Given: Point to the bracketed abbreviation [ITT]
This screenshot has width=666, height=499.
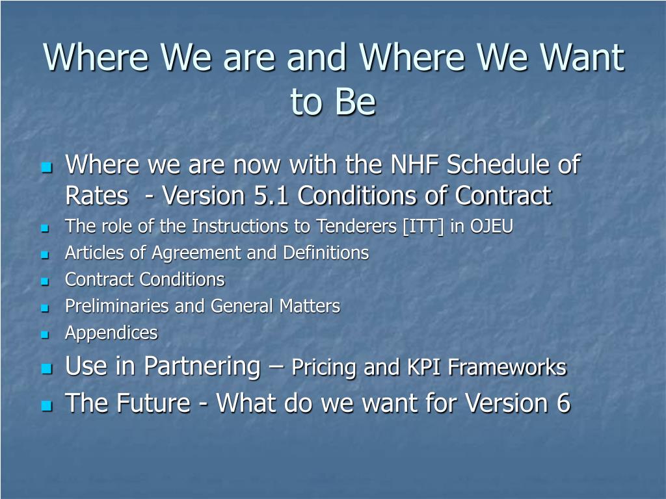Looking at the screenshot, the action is pyautogui.click(x=423, y=226).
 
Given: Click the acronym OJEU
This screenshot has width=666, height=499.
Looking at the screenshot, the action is pyautogui.click(x=492, y=226).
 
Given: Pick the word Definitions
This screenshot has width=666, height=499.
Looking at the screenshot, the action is pyautogui.click(x=326, y=253).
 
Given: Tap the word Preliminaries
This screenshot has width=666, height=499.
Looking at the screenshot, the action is pyautogui.click(x=117, y=306).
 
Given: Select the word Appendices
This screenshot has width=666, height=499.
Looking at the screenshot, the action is pyautogui.click(x=111, y=333).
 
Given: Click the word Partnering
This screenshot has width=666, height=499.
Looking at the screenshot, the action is pyautogui.click(x=202, y=366).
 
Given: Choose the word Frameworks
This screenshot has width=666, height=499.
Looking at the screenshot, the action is pyautogui.click(x=507, y=367).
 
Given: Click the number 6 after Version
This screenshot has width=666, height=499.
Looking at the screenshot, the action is pyautogui.click(x=563, y=403).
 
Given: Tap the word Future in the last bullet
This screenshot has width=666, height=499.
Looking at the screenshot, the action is pyautogui.click(x=153, y=403).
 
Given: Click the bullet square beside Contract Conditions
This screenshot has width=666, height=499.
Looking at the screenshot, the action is pyautogui.click(x=45, y=281).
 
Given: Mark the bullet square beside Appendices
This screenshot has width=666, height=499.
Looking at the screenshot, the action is pyautogui.click(x=45, y=335).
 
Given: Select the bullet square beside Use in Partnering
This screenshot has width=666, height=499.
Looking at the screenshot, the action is pyautogui.click(x=47, y=368).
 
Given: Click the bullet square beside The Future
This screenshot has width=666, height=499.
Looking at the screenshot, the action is pyautogui.click(x=47, y=405).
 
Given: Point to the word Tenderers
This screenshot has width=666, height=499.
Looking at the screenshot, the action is pyautogui.click(x=356, y=226).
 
